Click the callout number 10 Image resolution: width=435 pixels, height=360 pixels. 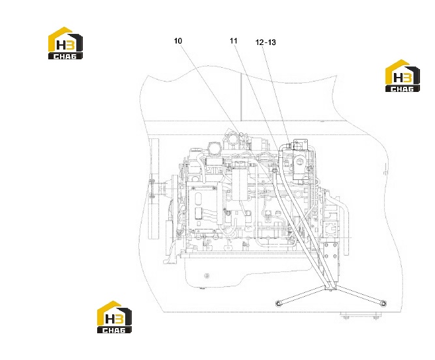pos(178,41)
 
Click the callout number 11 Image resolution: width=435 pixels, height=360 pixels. pos(233,41)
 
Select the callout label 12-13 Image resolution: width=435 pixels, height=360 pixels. pos(265,42)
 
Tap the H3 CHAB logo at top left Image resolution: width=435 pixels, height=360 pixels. pos(65,43)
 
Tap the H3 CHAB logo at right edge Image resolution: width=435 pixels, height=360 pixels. pos(402,76)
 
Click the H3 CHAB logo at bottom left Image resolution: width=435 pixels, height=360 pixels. pos(114,317)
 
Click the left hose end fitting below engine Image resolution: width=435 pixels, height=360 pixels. pos(278,303)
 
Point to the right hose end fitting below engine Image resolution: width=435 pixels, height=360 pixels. pos(383,303)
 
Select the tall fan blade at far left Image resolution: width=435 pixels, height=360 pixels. pos(154,188)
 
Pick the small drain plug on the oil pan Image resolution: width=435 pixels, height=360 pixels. pos(206,276)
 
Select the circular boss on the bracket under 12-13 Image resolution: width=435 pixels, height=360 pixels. pos(300,161)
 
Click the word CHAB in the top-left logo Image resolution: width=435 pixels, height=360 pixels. pos(65,57)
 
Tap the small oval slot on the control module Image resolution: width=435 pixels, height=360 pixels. pos(198,199)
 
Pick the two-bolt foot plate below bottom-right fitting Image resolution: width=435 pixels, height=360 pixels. pos(361,316)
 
